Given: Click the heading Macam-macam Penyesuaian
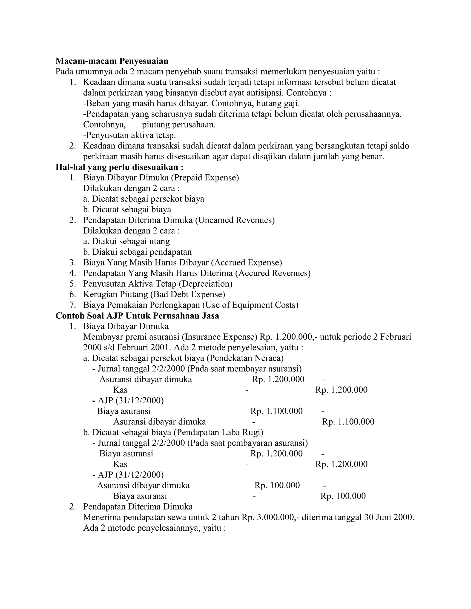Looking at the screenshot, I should tap(112, 61).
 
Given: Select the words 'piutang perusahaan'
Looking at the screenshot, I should tap(179, 125).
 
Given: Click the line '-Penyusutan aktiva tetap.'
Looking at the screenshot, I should tap(129, 135).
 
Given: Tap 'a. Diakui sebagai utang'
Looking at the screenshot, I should tap(126, 241).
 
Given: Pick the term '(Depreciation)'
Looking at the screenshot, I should tap(206, 284).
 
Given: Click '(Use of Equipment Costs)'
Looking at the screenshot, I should tap(250, 305).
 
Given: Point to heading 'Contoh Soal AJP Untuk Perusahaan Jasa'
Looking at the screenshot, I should tap(137, 316).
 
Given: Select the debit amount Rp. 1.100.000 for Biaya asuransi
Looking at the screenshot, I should tap(276, 411).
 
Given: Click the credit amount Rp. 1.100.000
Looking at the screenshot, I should tap(348, 422).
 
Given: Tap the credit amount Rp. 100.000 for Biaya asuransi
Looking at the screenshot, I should tap(343, 496).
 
